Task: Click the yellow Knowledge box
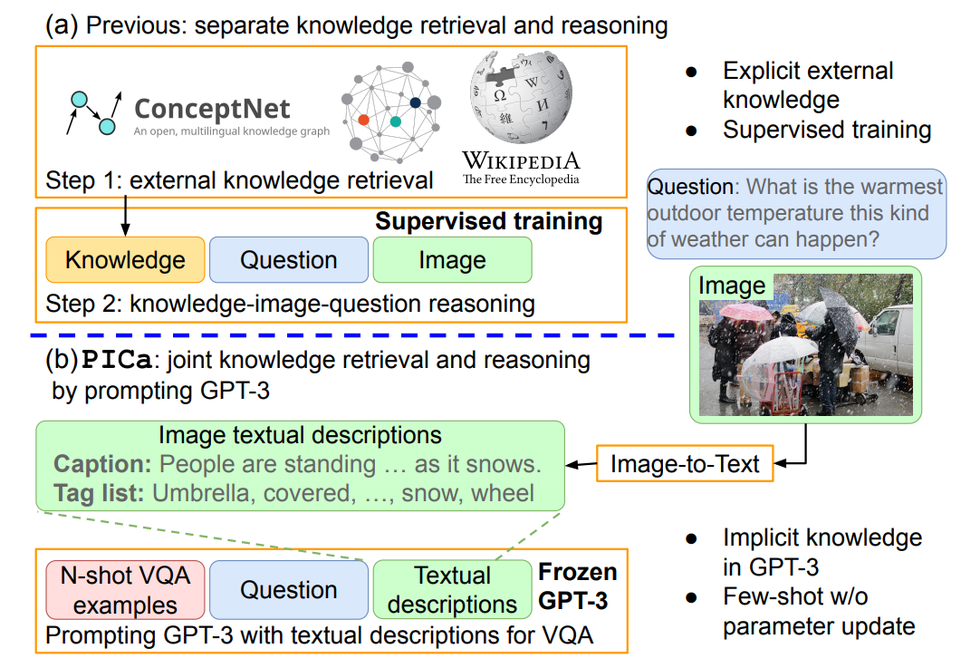point(125,261)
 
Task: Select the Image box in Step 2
point(452,261)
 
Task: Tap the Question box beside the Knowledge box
point(289,261)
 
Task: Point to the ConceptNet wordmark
point(212,110)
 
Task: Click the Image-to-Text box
point(684,464)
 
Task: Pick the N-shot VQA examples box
point(126,590)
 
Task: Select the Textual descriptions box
point(452,590)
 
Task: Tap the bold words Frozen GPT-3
point(578,586)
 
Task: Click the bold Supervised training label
point(488,222)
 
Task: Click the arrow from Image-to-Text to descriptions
point(580,465)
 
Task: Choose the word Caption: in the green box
point(101,465)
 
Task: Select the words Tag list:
point(100,493)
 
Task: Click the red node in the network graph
point(363,120)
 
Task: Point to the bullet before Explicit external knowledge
point(691,73)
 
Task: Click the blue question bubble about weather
point(795,215)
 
